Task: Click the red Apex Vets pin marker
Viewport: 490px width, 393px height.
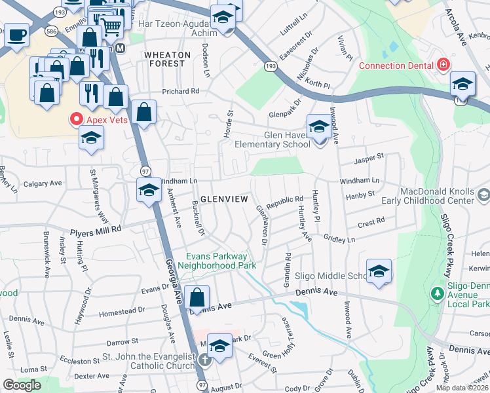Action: pos(76,120)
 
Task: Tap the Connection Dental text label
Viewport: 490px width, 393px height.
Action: pos(397,65)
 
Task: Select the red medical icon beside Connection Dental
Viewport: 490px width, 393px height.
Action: pos(443,65)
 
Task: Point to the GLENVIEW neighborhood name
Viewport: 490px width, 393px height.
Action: pos(224,198)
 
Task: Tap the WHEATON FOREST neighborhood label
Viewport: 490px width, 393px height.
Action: pos(167,59)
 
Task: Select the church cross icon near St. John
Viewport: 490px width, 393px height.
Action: pos(204,360)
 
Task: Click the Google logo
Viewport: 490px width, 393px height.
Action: pos(22,385)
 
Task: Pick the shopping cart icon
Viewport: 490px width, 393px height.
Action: pos(112,26)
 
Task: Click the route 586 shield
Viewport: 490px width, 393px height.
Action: pos(50,30)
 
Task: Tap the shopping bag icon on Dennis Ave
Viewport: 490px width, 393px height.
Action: pos(197,298)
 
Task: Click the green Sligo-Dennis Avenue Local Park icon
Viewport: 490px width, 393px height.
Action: pos(436,293)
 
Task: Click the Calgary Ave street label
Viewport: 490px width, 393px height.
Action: pos(42,184)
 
